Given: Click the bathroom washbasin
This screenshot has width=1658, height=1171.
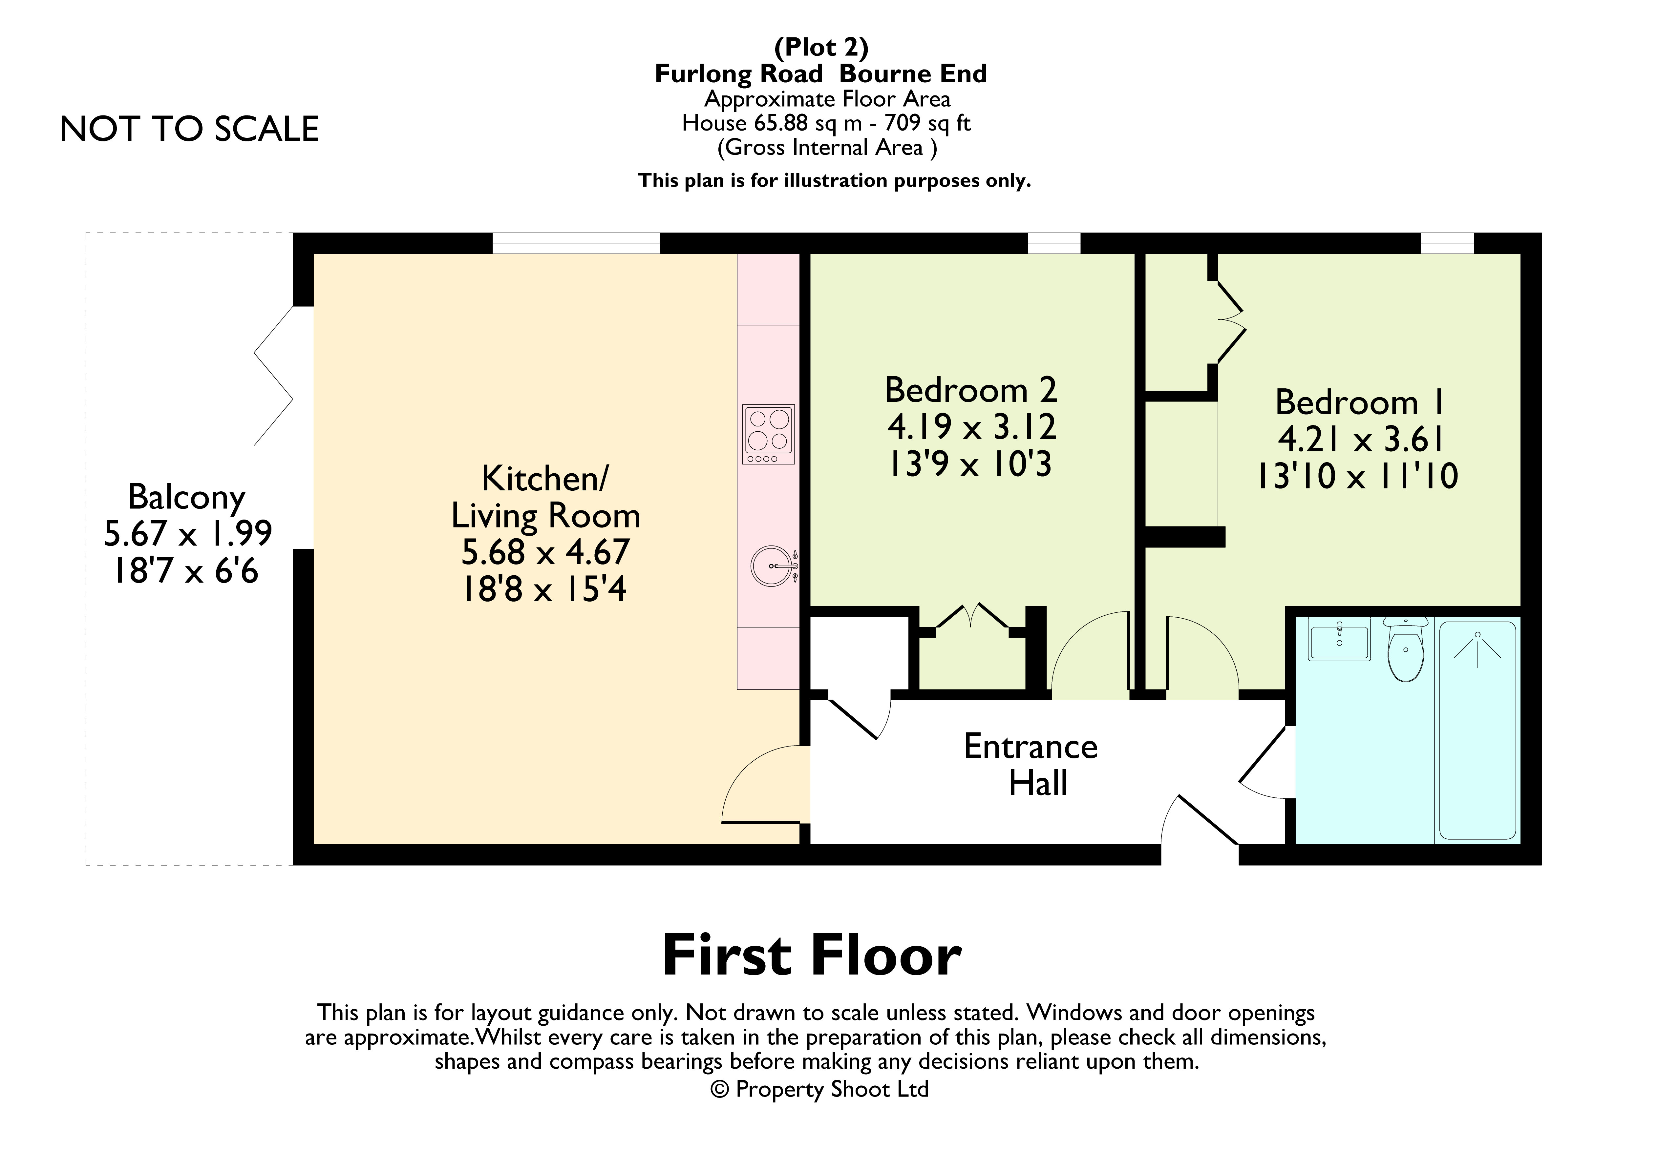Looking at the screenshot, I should tap(1340, 639).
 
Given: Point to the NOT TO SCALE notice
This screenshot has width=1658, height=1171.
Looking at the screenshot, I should tap(189, 129).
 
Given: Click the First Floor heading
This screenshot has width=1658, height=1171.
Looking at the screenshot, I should tap(812, 956).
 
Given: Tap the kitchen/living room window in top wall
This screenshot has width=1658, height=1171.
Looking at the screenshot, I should tap(576, 243).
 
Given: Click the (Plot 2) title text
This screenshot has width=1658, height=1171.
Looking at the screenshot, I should tap(821, 48).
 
